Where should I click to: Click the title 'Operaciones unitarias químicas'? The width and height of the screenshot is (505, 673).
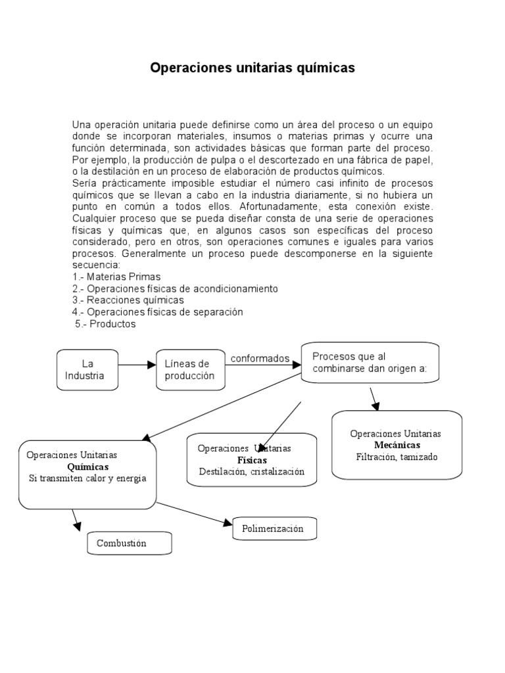[x=252, y=68]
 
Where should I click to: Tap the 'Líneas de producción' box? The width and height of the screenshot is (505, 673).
[x=189, y=369]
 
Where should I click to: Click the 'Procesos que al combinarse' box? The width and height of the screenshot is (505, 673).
[x=369, y=362]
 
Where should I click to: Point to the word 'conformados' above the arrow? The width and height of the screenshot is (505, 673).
[x=260, y=358]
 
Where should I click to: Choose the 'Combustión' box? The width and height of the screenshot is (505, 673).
[x=129, y=543]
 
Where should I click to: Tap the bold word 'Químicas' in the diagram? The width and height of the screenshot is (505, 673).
[x=88, y=467]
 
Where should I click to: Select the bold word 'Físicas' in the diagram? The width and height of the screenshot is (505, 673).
[x=252, y=460]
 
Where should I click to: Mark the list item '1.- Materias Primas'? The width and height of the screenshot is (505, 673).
[x=116, y=277]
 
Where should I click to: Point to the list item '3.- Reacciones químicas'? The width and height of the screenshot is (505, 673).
[x=128, y=300]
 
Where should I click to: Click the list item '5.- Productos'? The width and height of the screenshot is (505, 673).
[x=105, y=324]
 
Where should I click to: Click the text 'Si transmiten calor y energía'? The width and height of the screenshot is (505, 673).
[x=87, y=478]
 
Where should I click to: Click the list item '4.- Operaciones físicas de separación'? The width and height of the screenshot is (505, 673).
[x=158, y=312]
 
